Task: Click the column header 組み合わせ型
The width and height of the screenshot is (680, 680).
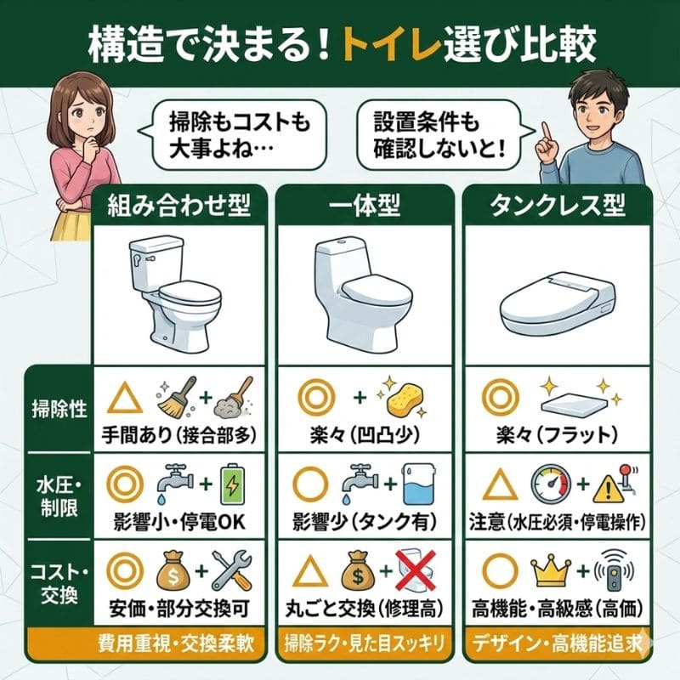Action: tap(183, 206)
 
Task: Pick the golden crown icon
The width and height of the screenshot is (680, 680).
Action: tap(550, 572)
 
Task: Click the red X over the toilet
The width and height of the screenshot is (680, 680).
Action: tap(419, 570)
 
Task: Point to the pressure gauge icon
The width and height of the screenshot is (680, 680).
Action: tap(550, 484)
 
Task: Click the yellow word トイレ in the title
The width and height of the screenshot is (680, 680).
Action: tap(409, 42)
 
